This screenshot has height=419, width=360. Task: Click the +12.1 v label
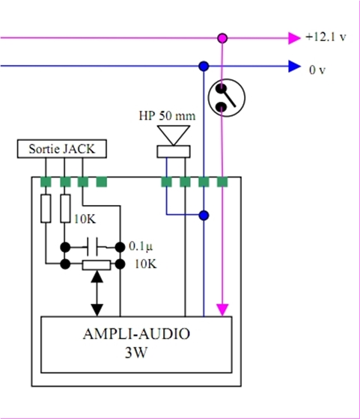pyautogui.click(x=326, y=37)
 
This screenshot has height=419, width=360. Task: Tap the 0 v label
pyautogui.click(x=317, y=70)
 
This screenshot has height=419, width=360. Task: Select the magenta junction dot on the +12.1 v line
pyautogui.click(x=222, y=38)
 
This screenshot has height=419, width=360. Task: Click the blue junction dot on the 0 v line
pyautogui.click(x=204, y=66)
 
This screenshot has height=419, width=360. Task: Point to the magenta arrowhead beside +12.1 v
pyautogui.click(x=295, y=38)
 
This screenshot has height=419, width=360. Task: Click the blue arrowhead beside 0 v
pyautogui.click(x=295, y=67)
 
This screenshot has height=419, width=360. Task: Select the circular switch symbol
pyautogui.click(x=227, y=98)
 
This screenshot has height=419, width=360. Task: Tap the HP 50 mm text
pyautogui.click(x=167, y=116)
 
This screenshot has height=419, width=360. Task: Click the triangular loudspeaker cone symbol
pyautogui.click(x=174, y=135)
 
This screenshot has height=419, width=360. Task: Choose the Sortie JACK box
pyautogui.click(x=62, y=149)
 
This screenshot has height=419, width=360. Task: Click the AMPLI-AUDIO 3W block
pyautogui.click(x=136, y=344)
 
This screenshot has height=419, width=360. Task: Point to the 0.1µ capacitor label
pyautogui.click(x=141, y=246)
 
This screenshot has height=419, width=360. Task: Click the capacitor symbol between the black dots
pyautogui.click(x=93, y=247)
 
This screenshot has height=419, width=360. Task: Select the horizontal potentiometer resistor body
pyautogui.click(x=97, y=265)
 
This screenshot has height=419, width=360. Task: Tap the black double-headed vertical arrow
pyautogui.click(x=97, y=293)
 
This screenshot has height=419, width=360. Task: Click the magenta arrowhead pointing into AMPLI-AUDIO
pyautogui.click(x=222, y=310)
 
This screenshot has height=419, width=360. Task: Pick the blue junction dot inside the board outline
pyautogui.click(x=204, y=215)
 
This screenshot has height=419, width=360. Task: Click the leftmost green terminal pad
pyautogui.click(x=46, y=182)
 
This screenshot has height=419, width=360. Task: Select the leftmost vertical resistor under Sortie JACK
pyautogui.click(x=46, y=209)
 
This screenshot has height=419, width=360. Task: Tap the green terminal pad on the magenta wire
pyautogui.click(x=222, y=182)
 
